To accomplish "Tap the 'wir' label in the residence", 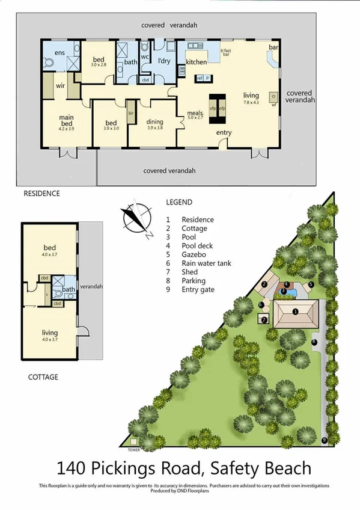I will [x=60, y=86].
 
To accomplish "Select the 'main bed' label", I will [x=66, y=122].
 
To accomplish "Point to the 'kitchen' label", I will [x=197, y=62].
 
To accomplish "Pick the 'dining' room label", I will [x=154, y=122].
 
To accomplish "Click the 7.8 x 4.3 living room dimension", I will [x=251, y=103].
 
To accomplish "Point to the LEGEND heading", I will [x=179, y=202].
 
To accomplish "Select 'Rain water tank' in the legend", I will [x=206, y=263].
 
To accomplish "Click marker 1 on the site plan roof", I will [x=295, y=312].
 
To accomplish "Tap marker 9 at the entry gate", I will [x=325, y=440].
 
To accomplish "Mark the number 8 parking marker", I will [x=314, y=342].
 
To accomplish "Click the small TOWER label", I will [x=133, y=449].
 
